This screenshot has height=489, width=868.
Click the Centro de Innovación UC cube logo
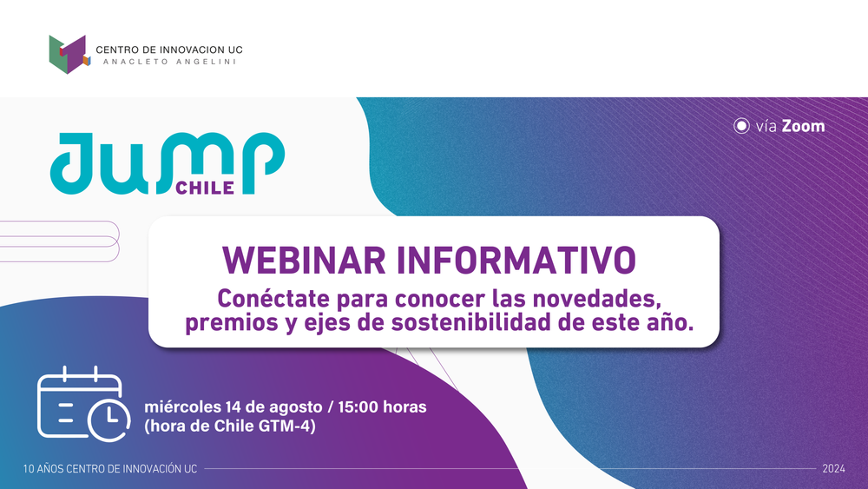(x=69, y=54)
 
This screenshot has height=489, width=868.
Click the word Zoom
(x=803, y=126)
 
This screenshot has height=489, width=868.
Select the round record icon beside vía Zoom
(x=741, y=126)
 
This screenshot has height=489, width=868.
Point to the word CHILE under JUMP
(x=206, y=188)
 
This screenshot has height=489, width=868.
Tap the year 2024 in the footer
(x=833, y=469)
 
